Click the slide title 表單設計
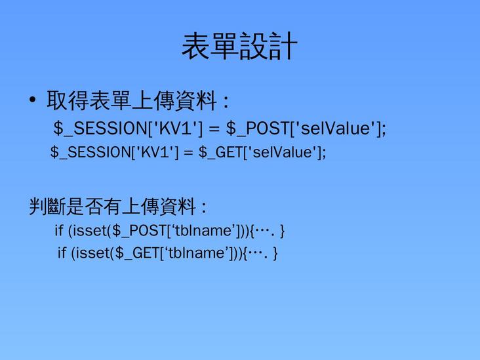239,47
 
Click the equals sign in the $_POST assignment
213,129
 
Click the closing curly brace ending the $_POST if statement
282,231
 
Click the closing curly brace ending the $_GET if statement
275,253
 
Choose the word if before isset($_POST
59,231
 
